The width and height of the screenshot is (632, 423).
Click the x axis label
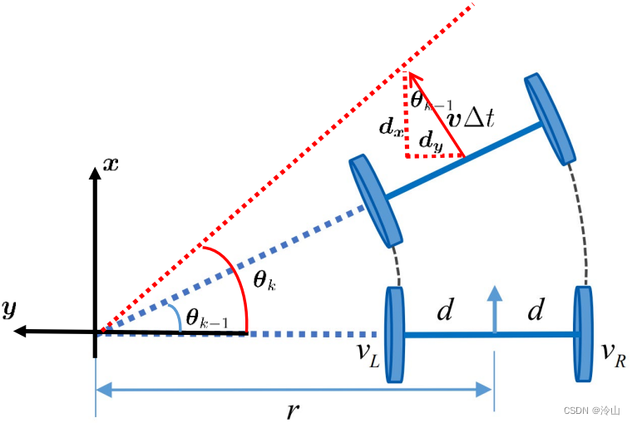coord(111,164)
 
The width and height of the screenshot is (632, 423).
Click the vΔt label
coord(471,117)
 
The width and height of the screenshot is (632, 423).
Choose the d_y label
coord(431,143)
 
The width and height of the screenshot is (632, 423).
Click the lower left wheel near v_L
coord(394,334)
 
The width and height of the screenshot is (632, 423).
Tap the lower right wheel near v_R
coord(584,334)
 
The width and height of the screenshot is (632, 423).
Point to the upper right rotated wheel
coord(551,119)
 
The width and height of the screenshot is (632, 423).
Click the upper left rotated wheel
coord(371,200)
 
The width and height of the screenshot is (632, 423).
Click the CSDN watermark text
coord(592,411)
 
